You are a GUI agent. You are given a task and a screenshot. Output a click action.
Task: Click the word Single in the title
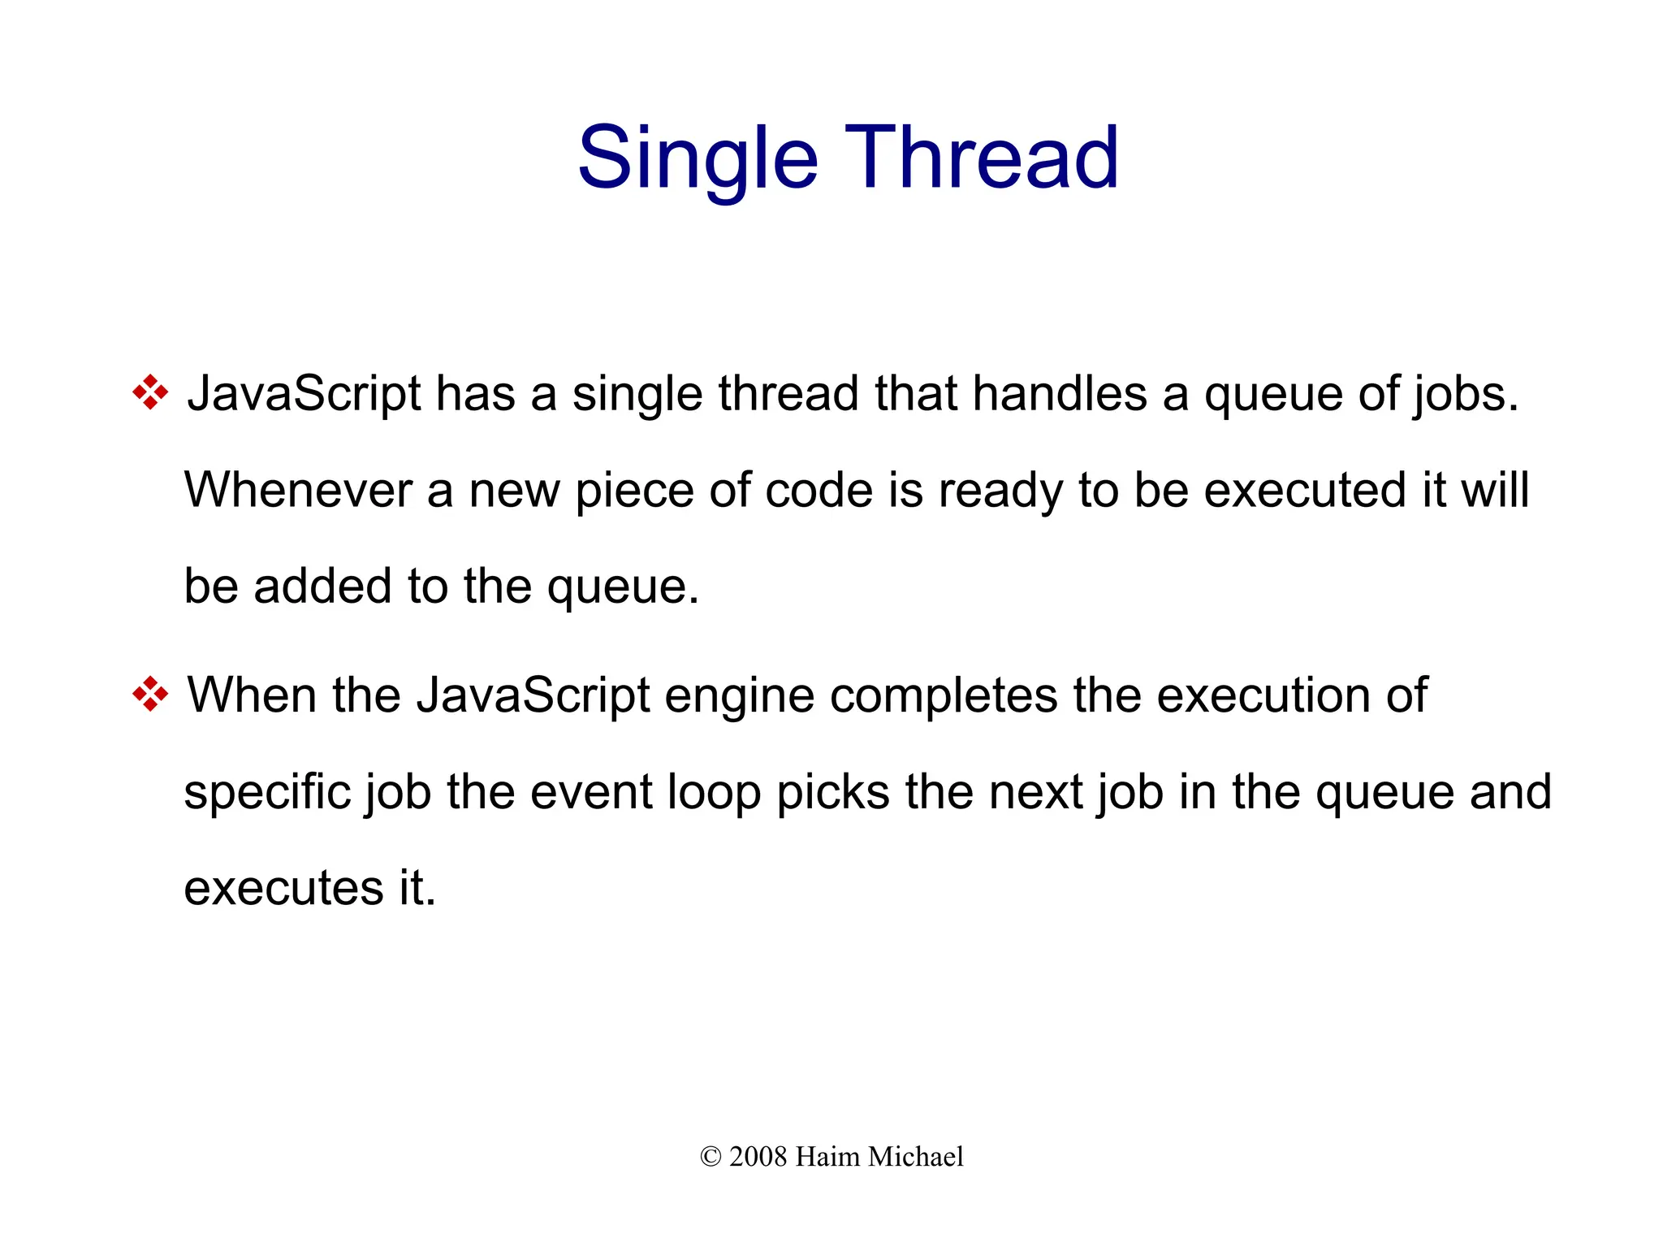pos(697,158)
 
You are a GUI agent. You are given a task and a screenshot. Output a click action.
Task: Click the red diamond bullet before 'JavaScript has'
pos(150,393)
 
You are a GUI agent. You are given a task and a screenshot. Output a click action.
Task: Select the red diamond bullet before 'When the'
pos(150,695)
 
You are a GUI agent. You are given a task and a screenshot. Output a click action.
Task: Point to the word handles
pos(1060,393)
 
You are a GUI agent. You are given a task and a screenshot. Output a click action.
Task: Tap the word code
pos(819,491)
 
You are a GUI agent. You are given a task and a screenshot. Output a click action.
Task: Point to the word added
pos(323,586)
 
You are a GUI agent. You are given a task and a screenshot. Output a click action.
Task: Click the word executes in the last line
pos(283,888)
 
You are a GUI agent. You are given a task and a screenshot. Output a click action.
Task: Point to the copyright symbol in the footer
pos(711,1157)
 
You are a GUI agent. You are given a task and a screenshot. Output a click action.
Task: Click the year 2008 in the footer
pos(758,1157)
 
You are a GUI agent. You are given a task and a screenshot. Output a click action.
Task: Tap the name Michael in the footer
pos(916,1157)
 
